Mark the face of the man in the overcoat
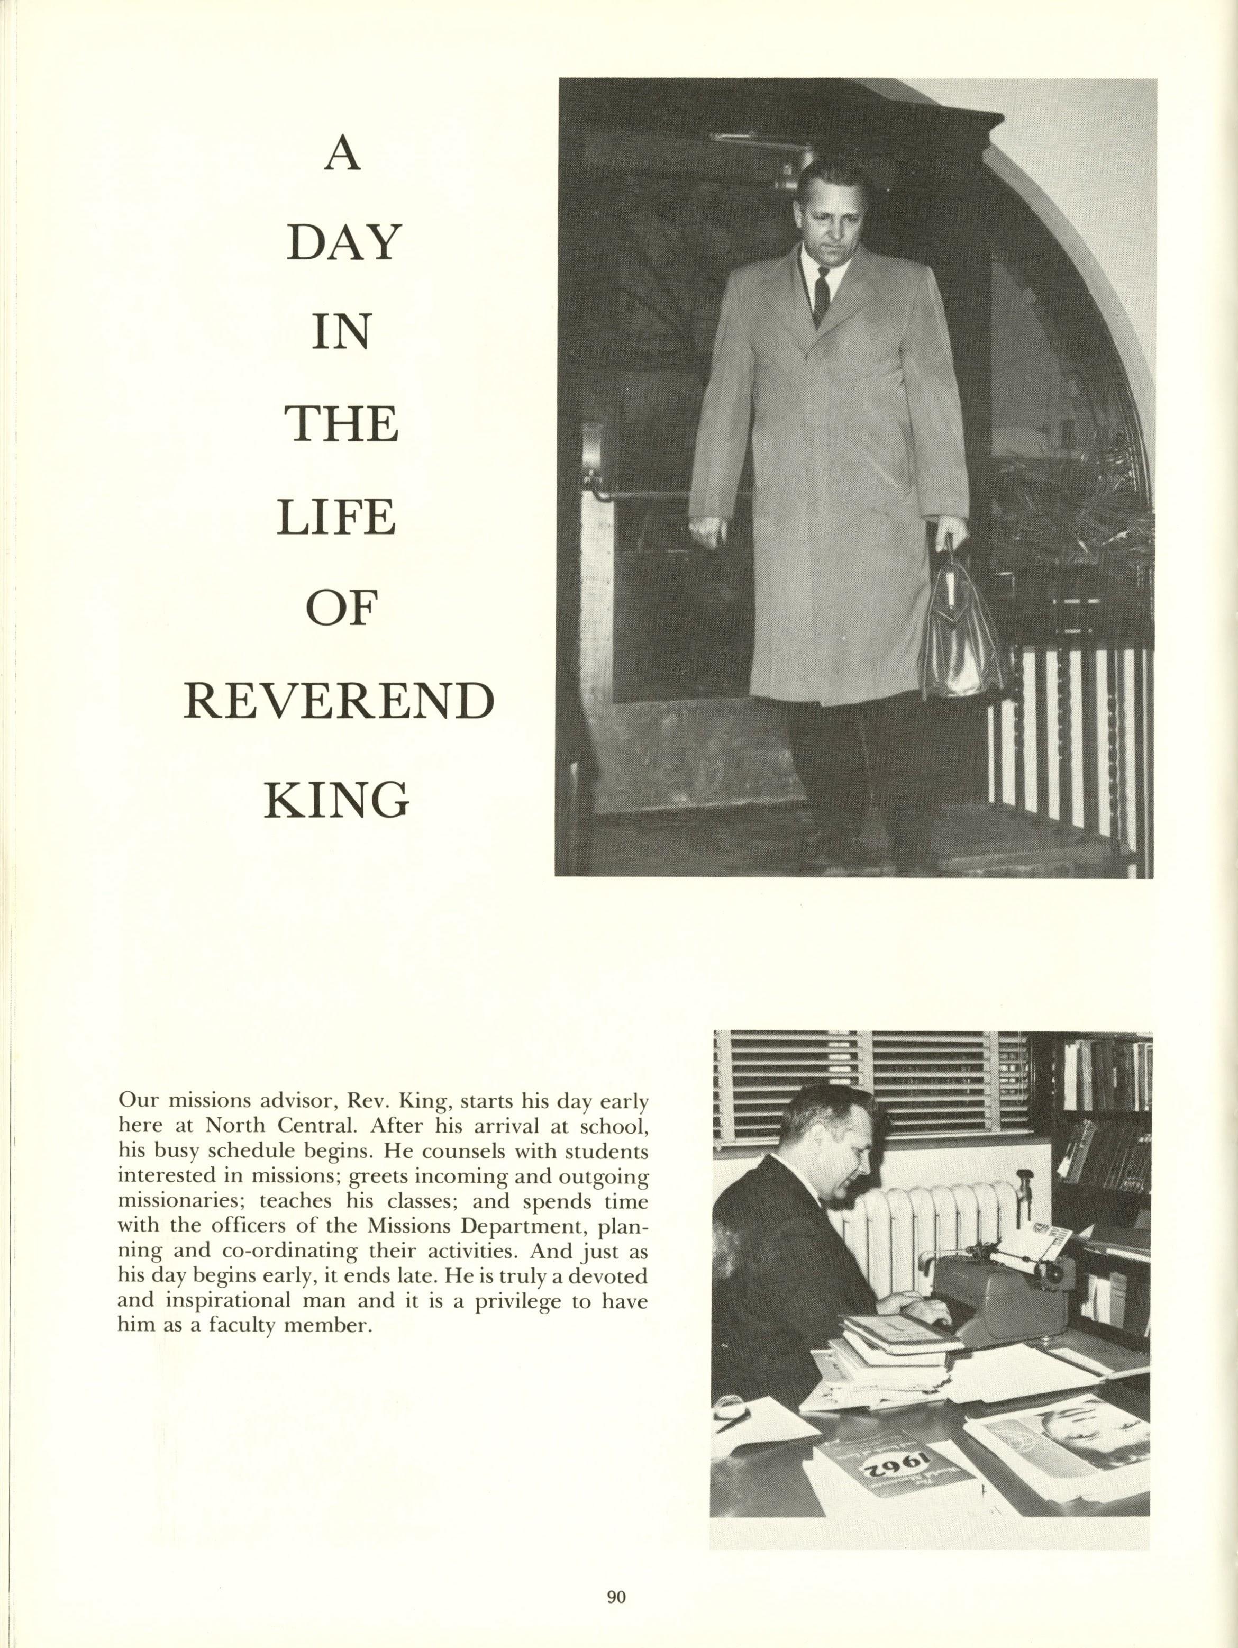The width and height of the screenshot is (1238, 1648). (827, 210)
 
